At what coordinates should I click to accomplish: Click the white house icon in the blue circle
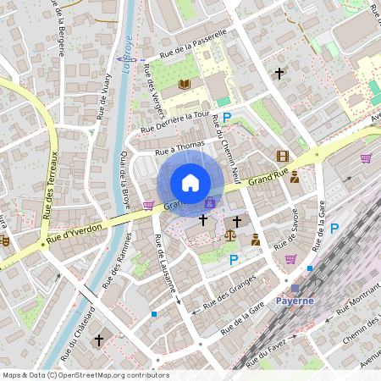[x=190, y=183]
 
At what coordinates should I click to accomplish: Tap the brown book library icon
[x=185, y=84]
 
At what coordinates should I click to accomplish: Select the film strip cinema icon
[x=283, y=156]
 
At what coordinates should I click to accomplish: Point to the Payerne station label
[x=295, y=301]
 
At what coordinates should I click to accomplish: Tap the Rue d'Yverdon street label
[x=75, y=234]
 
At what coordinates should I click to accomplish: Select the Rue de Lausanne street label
[x=165, y=266]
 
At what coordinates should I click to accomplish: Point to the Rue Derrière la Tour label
[x=174, y=123]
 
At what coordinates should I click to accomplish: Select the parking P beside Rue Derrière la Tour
[x=226, y=118]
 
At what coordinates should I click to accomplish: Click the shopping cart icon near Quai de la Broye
[x=148, y=206]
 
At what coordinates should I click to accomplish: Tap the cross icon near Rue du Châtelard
[x=98, y=340]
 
